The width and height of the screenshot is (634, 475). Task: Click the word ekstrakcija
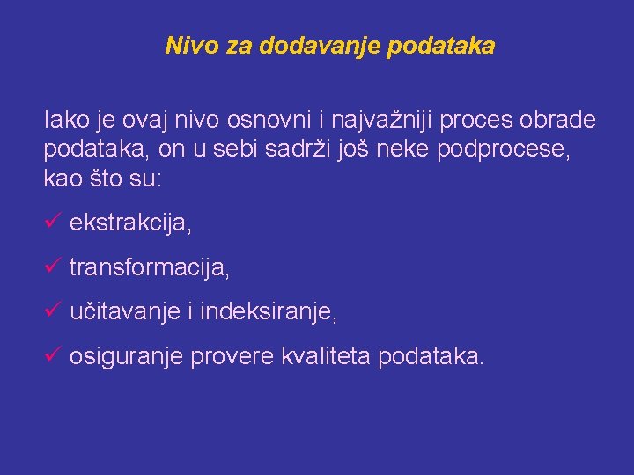click(x=130, y=223)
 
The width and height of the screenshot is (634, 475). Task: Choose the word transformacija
click(x=150, y=267)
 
